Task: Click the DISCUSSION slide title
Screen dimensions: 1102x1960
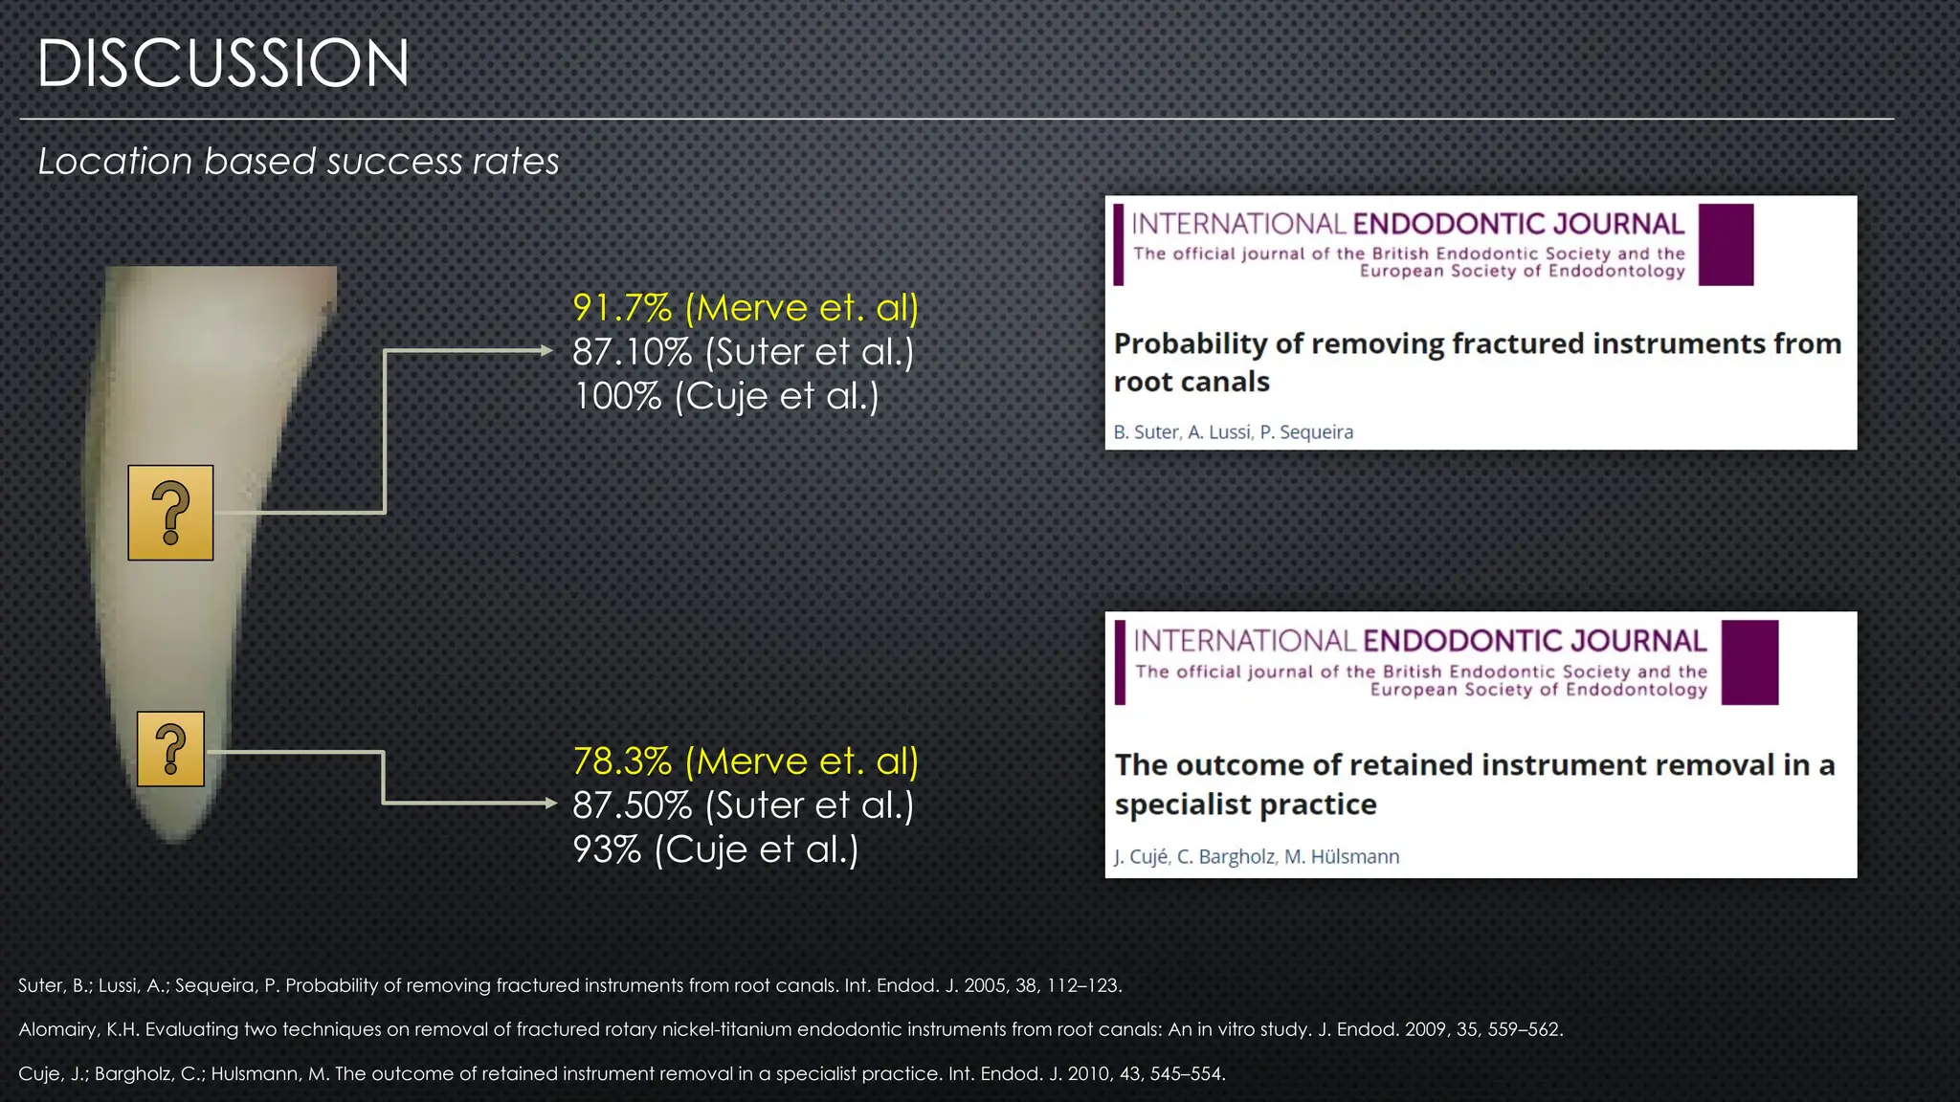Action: (x=223, y=64)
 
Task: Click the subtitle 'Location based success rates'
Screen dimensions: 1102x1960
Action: (x=298, y=161)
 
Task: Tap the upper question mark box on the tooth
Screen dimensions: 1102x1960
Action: (x=170, y=513)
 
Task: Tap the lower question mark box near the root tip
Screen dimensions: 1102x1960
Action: (x=170, y=749)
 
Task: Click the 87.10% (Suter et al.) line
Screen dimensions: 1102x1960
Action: (x=743, y=352)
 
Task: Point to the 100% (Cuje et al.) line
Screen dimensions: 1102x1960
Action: (x=725, y=396)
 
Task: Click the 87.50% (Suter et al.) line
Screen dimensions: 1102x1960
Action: (x=743, y=805)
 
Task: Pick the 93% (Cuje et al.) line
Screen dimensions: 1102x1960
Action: (x=715, y=849)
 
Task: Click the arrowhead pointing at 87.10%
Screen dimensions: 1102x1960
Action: (x=546, y=351)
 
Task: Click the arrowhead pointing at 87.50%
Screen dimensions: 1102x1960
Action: (x=550, y=803)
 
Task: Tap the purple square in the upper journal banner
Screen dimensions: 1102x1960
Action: (x=1726, y=245)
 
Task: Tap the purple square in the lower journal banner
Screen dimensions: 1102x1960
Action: (x=1748, y=662)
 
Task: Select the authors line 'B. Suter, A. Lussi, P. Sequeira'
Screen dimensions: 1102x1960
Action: (x=1233, y=432)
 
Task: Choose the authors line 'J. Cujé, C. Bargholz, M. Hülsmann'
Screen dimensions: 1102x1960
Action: (x=1256, y=857)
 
